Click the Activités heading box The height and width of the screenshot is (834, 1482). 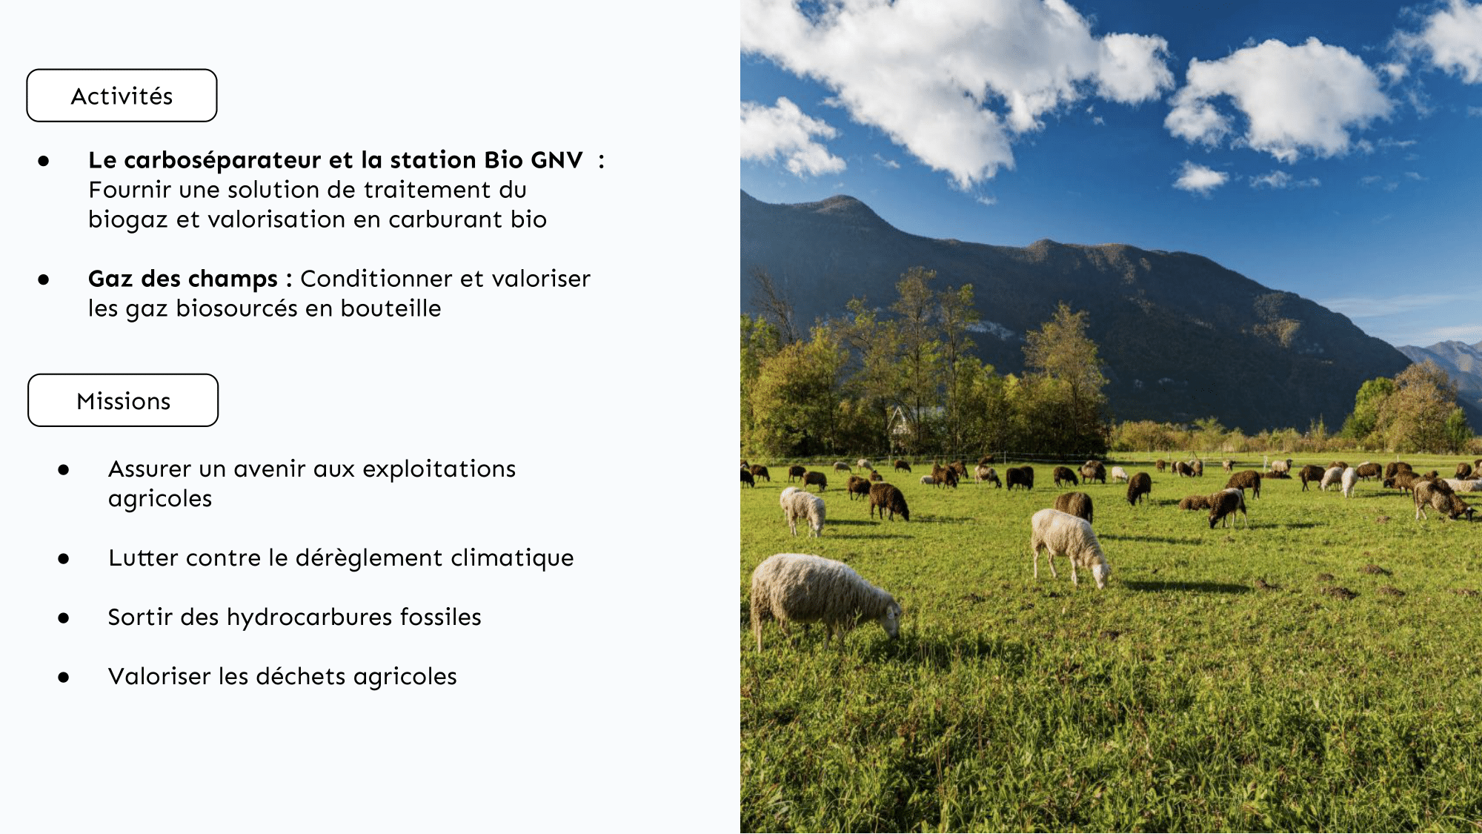click(x=122, y=96)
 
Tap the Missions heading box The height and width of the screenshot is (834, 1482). click(x=123, y=400)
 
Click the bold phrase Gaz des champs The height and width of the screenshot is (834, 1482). click(x=183, y=279)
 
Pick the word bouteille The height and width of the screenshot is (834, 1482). click(x=391, y=308)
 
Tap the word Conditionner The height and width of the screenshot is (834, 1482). click(x=376, y=279)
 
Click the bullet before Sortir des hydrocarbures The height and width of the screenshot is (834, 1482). click(x=64, y=618)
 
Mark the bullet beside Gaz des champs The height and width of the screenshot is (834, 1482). click(x=44, y=279)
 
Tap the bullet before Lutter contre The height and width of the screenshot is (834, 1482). click(x=64, y=558)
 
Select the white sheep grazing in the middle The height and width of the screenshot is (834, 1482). click(x=1069, y=546)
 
